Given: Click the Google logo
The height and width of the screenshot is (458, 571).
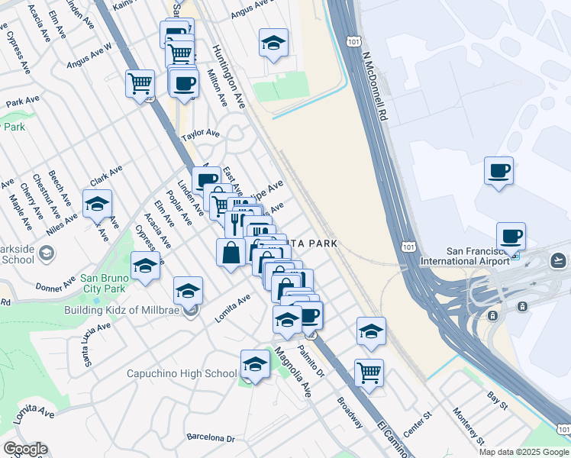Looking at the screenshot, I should (25, 448).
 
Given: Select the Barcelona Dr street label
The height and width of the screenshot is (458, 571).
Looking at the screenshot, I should (211, 438).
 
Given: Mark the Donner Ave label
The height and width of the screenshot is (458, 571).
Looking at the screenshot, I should (56, 286).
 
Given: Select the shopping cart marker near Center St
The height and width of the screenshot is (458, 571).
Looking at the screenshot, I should (369, 373).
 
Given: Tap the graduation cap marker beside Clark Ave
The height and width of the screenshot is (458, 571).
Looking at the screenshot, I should (98, 204).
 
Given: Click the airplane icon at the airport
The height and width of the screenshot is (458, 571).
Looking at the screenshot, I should (560, 260).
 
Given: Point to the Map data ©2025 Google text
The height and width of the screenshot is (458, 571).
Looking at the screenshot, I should (523, 452).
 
